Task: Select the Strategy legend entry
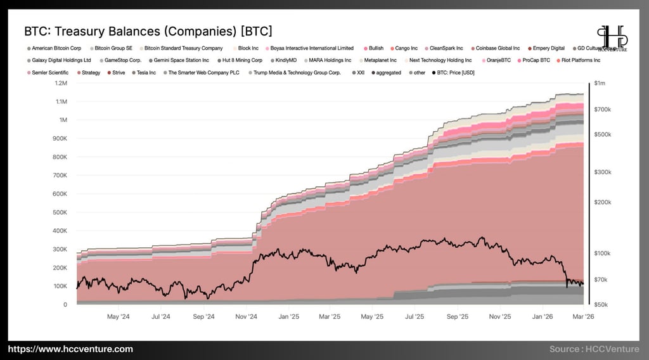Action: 91,73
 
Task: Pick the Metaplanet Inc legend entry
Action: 380,60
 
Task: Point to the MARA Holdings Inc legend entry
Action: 330,60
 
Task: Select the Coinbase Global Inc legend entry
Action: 497,48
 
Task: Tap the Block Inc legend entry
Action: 248,48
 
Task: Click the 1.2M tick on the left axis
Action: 61,83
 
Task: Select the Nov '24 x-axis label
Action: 246,316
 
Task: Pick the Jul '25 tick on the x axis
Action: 414,316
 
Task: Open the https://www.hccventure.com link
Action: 70,349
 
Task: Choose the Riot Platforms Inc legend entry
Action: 580,60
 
